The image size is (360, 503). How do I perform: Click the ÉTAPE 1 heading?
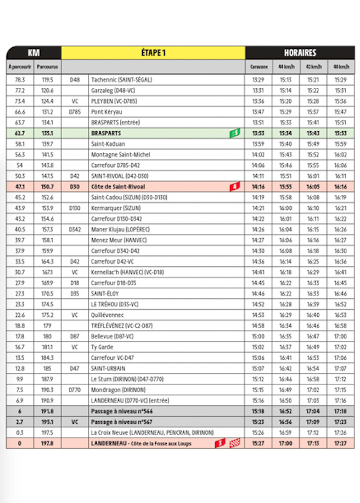coord(153,53)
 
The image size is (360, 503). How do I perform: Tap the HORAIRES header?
coord(300,53)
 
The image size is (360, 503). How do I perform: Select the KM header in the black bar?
coord(33,53)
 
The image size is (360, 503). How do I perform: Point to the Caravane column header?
coord(259,67)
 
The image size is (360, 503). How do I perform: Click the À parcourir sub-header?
coord(20,67)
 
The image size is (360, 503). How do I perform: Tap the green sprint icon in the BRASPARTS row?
coord(235,133)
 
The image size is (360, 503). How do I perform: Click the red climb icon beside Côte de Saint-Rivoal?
coord(235,186)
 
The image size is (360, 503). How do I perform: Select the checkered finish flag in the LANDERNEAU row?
coord(235,443)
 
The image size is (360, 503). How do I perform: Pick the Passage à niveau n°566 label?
coord(123,411)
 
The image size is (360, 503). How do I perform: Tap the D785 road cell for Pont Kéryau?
coord(75,111)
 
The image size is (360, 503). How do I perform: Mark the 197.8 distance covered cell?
coord(48,443)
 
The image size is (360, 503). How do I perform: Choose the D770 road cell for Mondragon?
coord(75,390)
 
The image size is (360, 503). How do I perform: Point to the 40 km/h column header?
coord(340,67)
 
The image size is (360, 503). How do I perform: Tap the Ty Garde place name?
coord(102,347)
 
